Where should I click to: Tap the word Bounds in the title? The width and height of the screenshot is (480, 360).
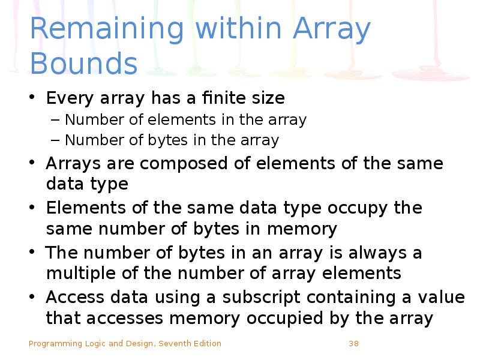pos(83,64)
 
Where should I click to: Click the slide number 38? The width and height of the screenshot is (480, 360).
pos(353,344)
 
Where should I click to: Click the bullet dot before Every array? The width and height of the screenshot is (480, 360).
pos(34,98)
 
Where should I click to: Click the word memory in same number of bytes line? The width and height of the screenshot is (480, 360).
pos(302,229)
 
